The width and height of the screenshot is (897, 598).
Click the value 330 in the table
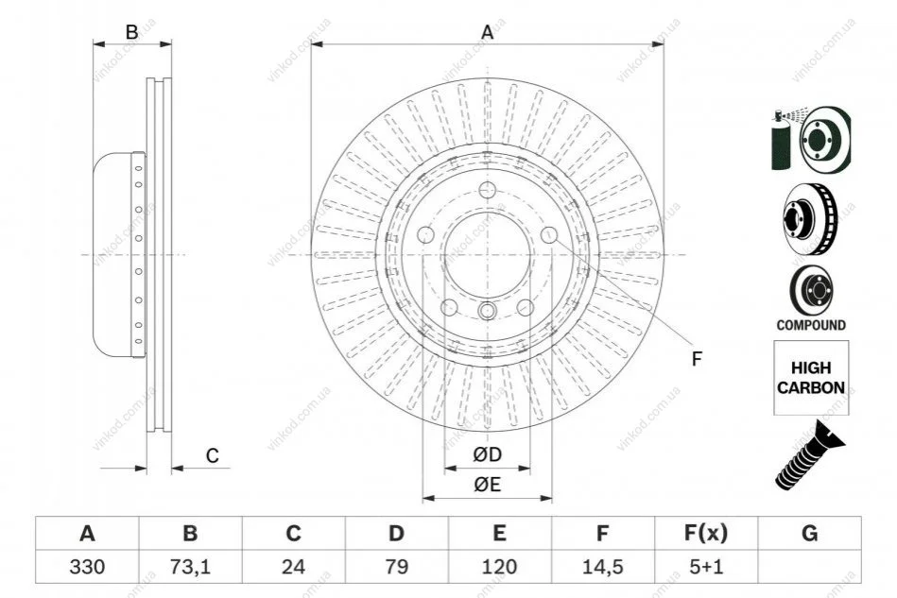87,567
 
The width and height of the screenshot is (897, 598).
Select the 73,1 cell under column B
190,567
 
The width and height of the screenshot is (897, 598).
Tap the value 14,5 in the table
602,567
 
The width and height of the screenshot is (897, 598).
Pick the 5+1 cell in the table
706,567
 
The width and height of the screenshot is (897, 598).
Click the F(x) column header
706,534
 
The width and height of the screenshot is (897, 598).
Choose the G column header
809,534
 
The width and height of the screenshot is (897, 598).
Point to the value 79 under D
396,567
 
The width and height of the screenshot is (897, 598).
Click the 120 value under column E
499,567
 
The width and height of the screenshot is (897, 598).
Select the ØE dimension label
487,485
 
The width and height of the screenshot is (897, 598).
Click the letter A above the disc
487,32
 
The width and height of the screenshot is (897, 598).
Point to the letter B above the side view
131,32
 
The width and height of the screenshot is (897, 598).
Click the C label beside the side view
213,456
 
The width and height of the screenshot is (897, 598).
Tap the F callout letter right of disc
697,360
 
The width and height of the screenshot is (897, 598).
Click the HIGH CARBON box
811,378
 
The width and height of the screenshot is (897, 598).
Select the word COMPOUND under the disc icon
811,325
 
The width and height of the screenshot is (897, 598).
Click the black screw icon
809,455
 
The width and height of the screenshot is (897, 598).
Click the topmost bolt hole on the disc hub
488,190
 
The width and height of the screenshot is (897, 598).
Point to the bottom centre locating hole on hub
488,311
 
